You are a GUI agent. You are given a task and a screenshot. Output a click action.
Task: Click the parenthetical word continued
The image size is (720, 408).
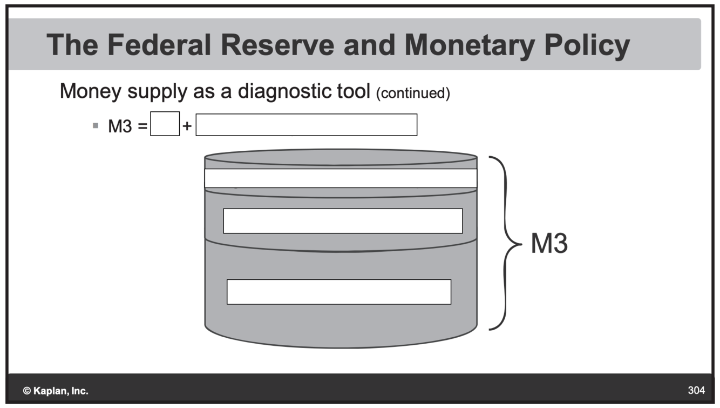pos(412,93)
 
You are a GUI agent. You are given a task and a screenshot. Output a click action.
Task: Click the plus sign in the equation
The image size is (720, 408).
pos(187,126)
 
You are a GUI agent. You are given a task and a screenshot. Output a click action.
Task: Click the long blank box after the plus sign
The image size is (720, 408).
pos(306,125)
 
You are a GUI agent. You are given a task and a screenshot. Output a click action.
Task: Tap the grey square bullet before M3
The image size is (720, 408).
pos(96,126)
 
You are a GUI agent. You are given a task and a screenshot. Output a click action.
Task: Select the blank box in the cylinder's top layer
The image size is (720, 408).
pos(341,178)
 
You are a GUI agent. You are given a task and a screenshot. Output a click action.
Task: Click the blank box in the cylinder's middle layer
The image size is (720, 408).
pos(343,221)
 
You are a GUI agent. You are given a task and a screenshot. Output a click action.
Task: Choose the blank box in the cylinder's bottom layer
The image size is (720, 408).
pos(338,292)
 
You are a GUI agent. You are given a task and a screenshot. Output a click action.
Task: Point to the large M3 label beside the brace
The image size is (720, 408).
pos(549,244)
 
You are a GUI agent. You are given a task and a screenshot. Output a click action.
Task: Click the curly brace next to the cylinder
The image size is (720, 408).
pos(506,243)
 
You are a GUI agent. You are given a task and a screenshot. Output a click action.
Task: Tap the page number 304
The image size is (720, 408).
pos(696,390)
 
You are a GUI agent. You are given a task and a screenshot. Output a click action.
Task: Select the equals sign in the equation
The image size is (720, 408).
pos(142,126)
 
